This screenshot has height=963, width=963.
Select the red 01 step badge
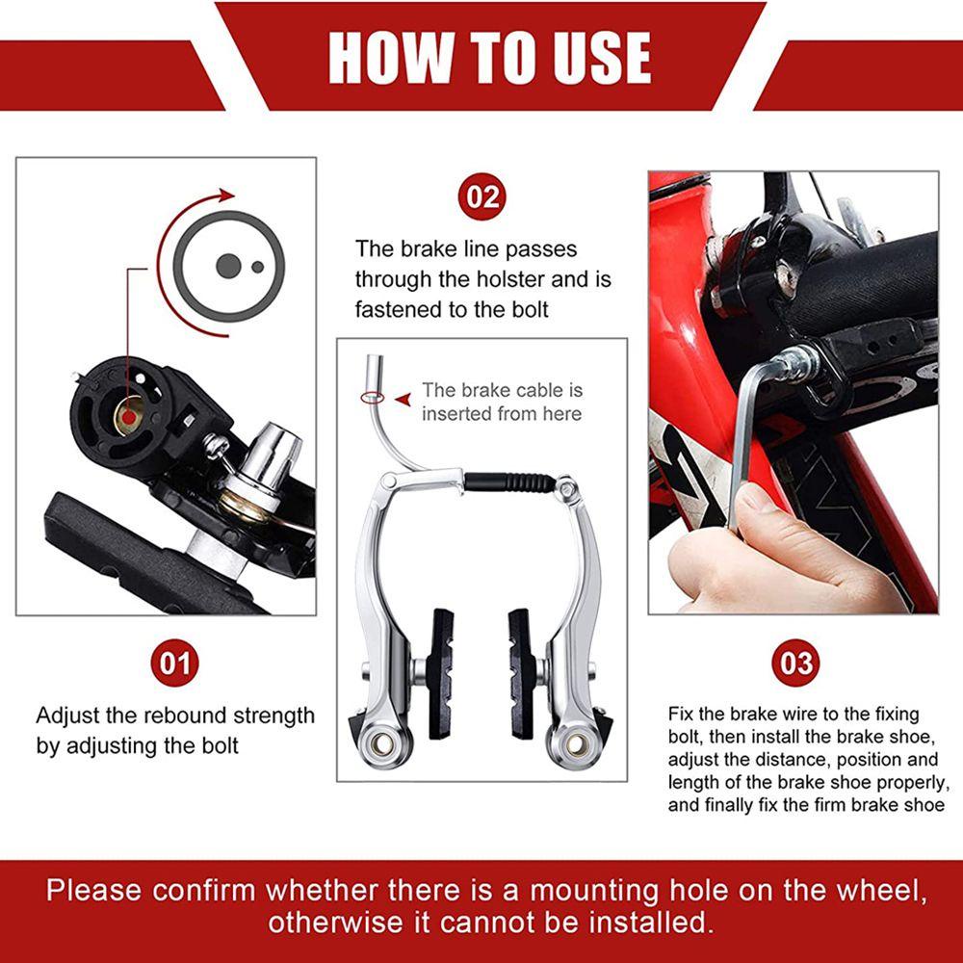[175, 664]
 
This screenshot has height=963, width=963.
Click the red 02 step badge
[482, 196]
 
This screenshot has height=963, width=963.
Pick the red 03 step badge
[796, 664]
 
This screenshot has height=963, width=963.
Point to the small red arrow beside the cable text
[403, 400]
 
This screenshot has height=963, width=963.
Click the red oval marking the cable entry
[372, 398]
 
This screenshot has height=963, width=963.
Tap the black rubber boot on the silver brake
[509, 482]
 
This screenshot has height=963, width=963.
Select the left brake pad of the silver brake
[441, 674]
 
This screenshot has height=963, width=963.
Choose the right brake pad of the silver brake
[521, 674]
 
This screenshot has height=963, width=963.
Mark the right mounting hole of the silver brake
[576, 744]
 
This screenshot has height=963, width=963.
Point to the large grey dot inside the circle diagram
[228, 266]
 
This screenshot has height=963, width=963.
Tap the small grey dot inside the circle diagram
[258, 267]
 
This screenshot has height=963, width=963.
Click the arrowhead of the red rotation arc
[228, 195]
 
